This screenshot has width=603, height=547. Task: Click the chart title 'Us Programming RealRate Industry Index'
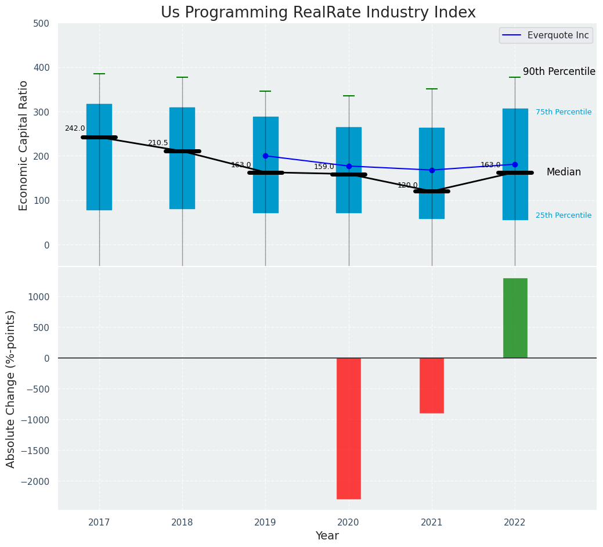coord(318,13)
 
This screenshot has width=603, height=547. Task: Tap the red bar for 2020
coord(349,428)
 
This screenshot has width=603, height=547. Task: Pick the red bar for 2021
coord(432,385)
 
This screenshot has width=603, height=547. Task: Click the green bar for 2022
coord(515,318)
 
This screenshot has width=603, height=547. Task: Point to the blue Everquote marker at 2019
coord(266,156)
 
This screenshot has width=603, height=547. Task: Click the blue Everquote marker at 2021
coord(432,170)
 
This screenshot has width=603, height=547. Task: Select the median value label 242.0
coord(75,128)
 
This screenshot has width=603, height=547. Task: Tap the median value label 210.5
coord(158,143)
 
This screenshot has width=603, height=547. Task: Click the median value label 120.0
coord(407,185)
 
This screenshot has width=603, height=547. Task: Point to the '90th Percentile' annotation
coord(559,72)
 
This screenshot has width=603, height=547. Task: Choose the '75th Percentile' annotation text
coord(563,112)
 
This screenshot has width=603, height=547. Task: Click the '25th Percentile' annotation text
coord(563,215)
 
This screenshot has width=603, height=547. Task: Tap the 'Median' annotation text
coord(564,172)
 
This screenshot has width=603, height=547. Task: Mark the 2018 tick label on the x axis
coord(182,523)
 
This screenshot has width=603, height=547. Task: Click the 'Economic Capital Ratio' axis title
coord(24,145)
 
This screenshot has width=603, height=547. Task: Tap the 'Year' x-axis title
coord(327,536)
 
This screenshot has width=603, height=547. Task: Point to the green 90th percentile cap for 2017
coord(99,74)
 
